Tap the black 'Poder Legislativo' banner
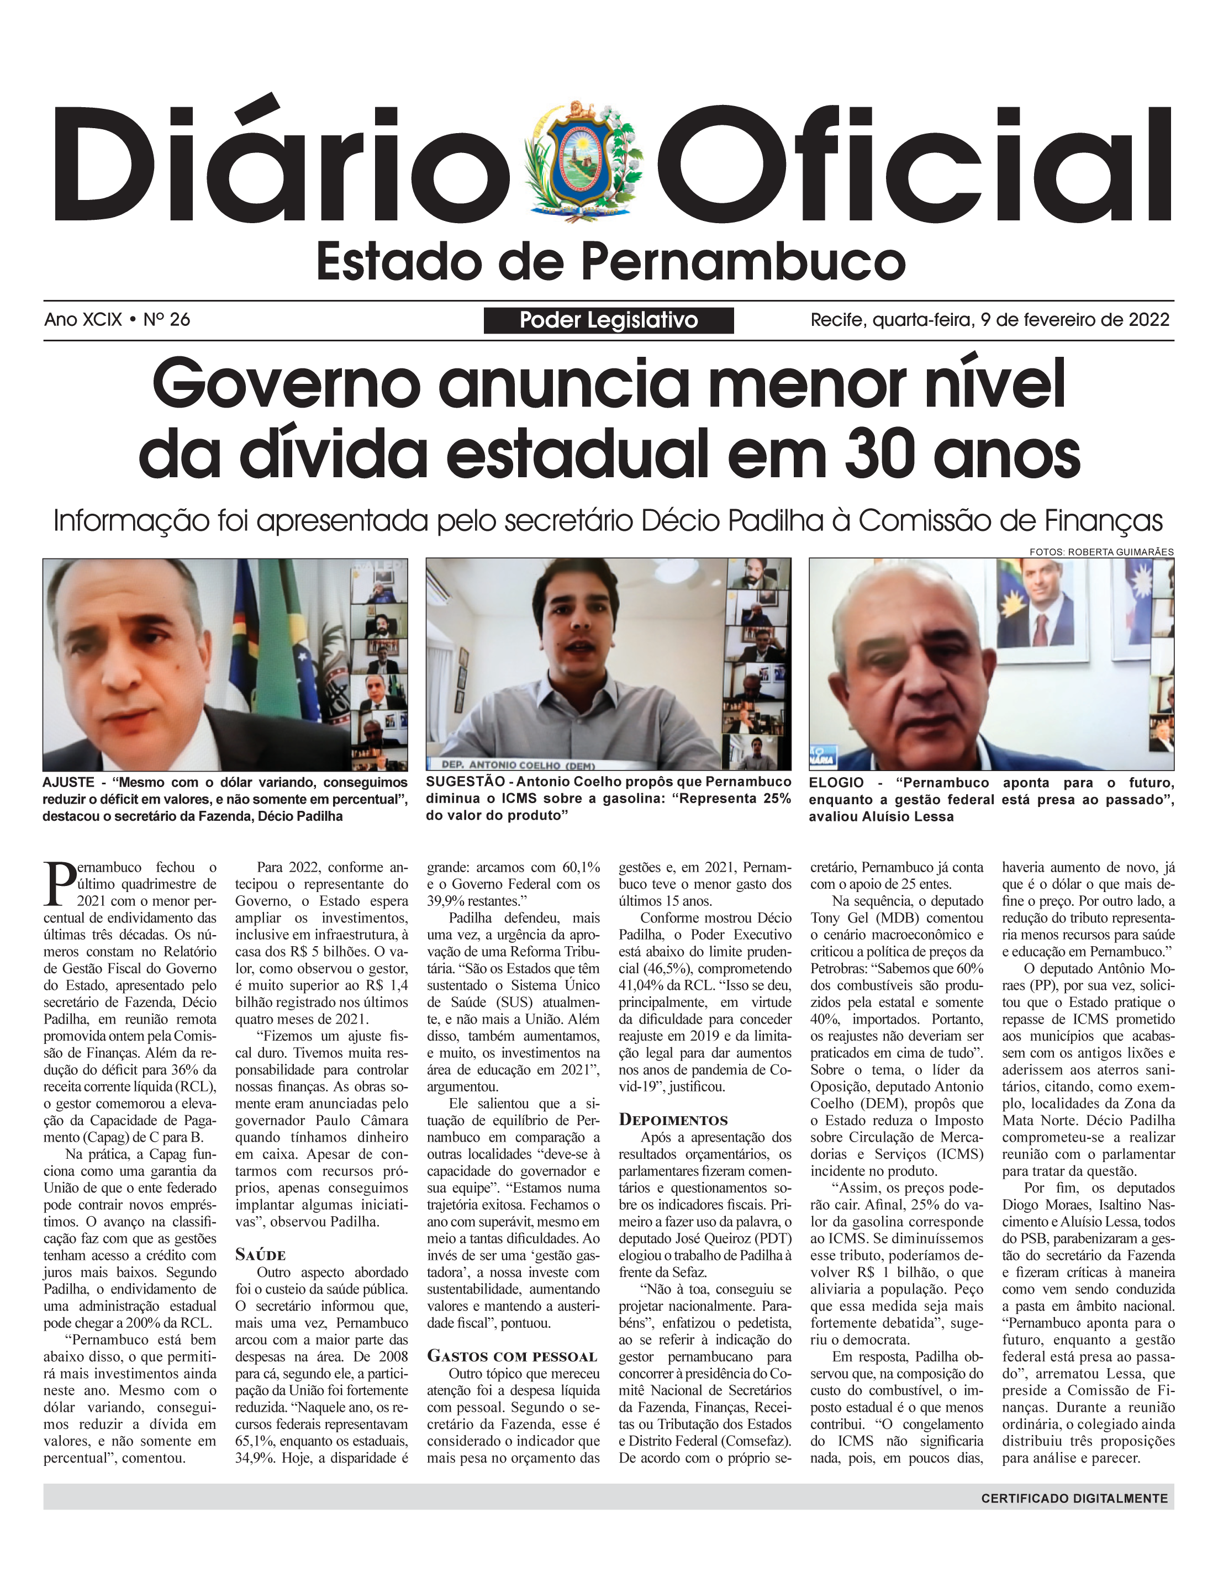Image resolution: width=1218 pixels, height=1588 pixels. [608, 320]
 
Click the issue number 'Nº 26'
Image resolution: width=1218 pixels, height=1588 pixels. [167, 320]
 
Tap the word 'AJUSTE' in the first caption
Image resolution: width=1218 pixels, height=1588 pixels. [68, 783]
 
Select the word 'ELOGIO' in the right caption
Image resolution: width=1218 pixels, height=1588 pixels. [837, 783]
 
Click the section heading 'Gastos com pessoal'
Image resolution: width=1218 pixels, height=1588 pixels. [512, 1356]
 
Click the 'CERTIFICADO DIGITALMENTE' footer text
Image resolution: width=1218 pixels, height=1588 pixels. [1074, 1498]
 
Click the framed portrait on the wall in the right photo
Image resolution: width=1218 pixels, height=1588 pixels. [1042, 609]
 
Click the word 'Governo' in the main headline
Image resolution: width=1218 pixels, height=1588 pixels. [286, 384]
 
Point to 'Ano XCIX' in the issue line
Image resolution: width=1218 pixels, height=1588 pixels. [83, 320]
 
